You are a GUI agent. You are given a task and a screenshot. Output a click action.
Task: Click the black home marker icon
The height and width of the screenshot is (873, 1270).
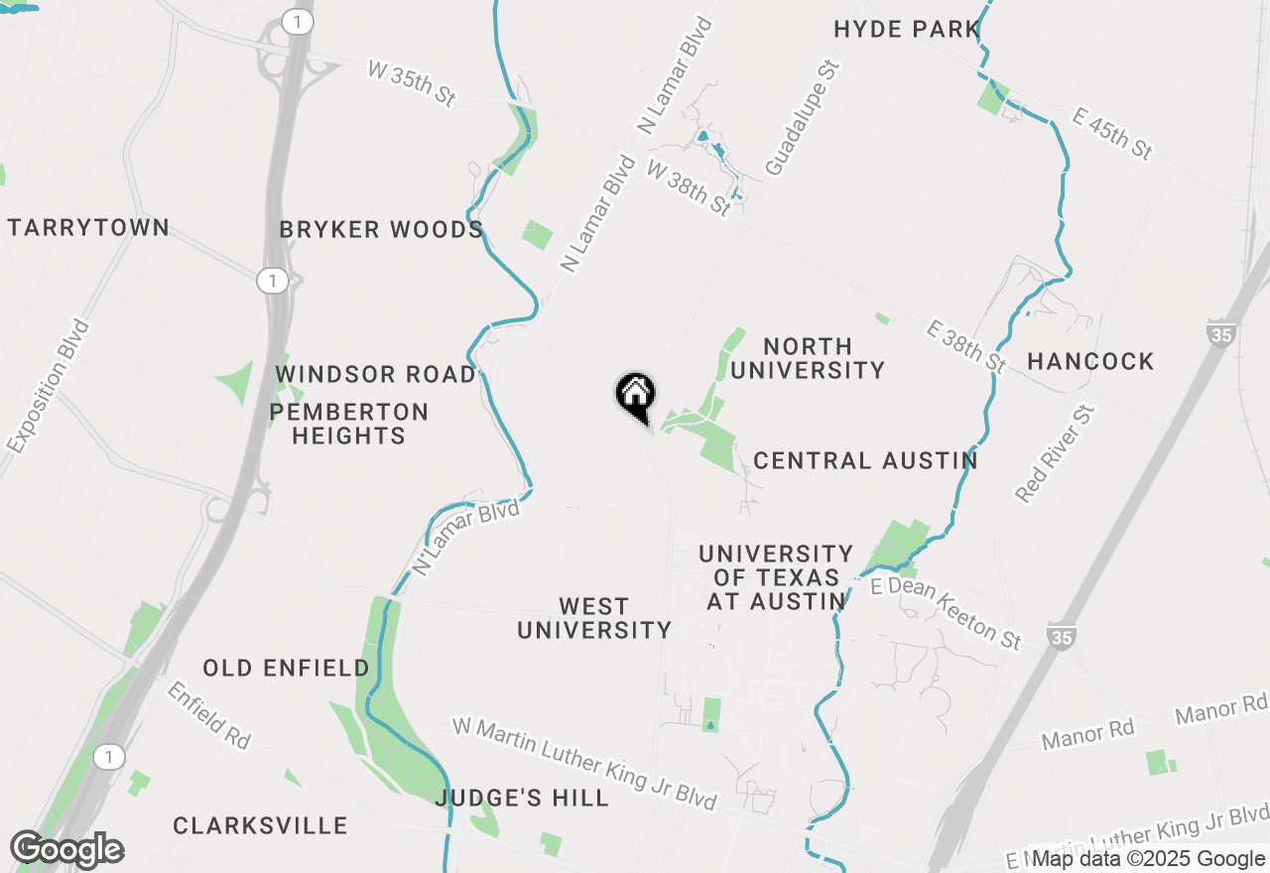[x=636, y=396]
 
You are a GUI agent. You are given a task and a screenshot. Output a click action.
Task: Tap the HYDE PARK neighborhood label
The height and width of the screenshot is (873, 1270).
[x=907, y=30]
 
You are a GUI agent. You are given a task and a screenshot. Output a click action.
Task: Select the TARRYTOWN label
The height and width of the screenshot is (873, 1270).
[x=88, y=227]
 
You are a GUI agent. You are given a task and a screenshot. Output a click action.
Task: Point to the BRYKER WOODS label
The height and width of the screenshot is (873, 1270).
[x=381, y=230]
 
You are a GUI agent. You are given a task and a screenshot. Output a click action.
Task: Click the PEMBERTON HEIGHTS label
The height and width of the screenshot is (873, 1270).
[x=348, y=424]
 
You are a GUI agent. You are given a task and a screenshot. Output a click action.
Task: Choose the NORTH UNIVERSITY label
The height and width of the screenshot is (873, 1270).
[x=808, y=358]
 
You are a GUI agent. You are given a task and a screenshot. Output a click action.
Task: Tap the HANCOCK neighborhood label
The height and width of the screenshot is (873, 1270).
[x=1090, y=361]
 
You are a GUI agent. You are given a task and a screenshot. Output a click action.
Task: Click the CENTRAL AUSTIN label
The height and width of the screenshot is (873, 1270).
[x=865, y=460]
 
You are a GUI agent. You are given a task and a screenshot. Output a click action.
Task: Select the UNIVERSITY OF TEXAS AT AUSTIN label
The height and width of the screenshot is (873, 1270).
[x=776, y=577]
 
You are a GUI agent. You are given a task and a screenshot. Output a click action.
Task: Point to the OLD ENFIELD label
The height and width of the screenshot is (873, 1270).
[x=287, y=669]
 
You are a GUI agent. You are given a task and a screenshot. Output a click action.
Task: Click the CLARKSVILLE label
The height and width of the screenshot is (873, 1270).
[x=260, y=825]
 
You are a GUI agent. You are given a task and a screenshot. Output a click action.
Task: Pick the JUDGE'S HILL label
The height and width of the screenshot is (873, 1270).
[x=522, y=799]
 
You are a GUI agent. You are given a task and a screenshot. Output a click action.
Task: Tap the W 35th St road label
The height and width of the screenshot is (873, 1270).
[x=411, y=83]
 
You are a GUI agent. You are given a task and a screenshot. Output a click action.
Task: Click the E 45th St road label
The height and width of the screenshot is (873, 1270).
[x=1113, y=133]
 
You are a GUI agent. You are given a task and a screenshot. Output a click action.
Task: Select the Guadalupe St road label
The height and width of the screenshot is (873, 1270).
[x=803, y=117]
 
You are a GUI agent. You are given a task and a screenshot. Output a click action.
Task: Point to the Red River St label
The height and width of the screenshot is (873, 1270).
[x=1054, y=453]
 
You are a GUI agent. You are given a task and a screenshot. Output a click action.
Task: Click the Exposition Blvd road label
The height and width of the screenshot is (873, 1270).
[x=48, y=387]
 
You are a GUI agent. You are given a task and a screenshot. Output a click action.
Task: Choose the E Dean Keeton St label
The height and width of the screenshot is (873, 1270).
[x=946, y=614]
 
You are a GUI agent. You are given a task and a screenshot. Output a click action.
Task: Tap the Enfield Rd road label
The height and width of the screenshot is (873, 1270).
[x=208, y=714]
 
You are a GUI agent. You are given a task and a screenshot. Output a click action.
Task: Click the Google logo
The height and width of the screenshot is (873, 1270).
[x=66, y=850]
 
